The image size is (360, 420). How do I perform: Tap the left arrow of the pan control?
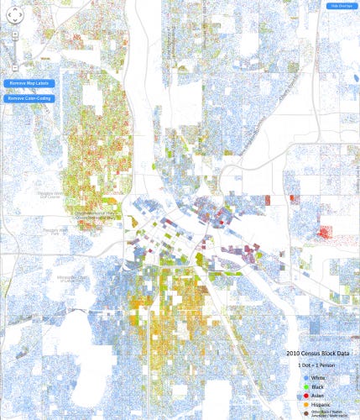(x=8, y=14)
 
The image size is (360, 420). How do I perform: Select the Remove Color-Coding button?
(x=29, y=98)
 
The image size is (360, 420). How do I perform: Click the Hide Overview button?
(x=340, y=5)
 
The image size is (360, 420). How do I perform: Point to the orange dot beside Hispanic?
(x=306, y=404)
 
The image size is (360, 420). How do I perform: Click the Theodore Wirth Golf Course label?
(x=50, y=197)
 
